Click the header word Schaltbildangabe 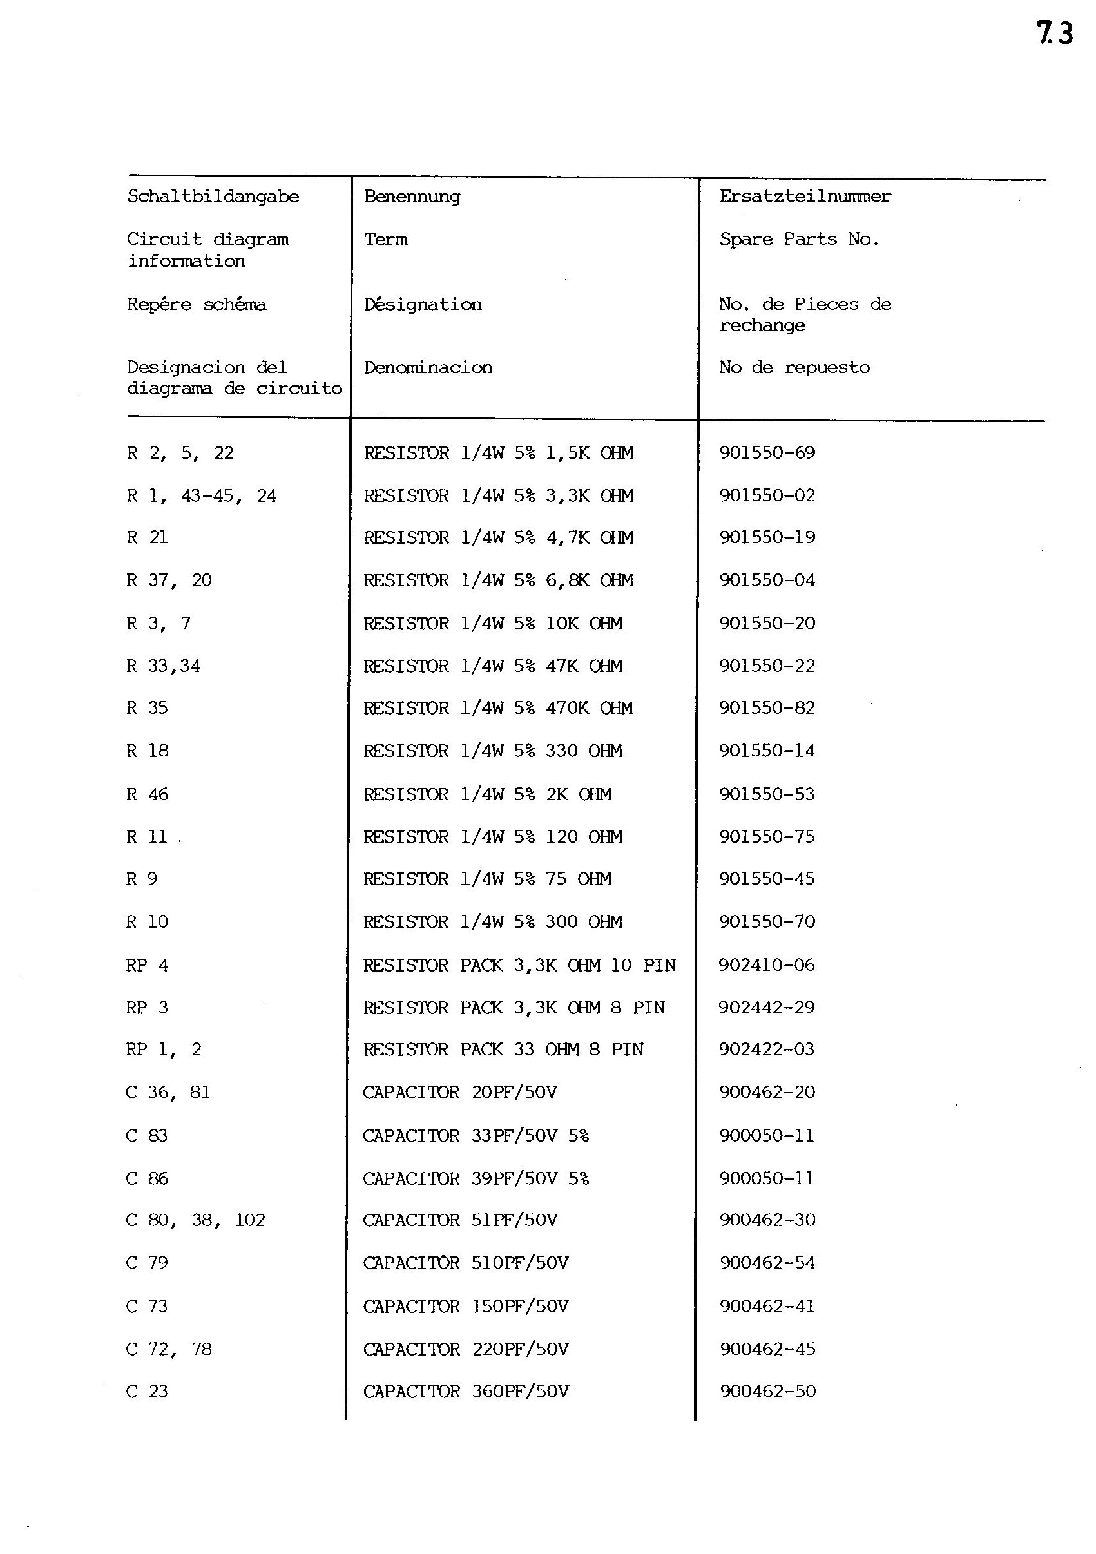click(213, 197)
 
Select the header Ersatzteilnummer click(805, 197)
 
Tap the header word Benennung click(412, 197)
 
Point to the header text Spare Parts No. click(799, 239)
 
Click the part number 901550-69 click(767, 452)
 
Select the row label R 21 click(147, 537)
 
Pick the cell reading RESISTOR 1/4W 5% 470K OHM click(497, 708)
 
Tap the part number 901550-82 click(767, 708)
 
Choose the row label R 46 click(147, 794)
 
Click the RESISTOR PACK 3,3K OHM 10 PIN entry click(519, 964)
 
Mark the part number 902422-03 click(766, 1049)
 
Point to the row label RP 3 click(146, 1007)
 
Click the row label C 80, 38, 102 click(195, 1220)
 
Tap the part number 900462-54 click(767, 1262)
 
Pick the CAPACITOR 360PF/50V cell click(466, 1391)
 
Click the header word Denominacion click(428, 367)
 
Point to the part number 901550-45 click(767, 879)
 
